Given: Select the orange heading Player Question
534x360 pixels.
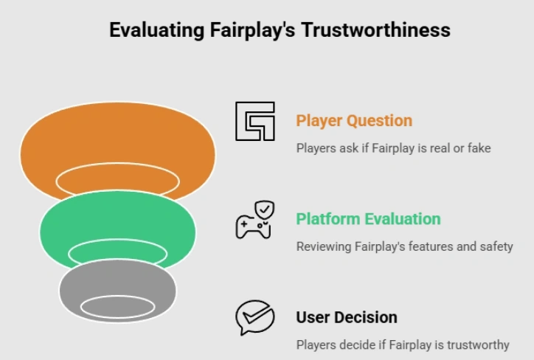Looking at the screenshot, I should (x=354, y=120).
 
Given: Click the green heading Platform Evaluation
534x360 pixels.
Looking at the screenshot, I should (x=368, y=219).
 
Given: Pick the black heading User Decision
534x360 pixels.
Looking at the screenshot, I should (x=347, y=317).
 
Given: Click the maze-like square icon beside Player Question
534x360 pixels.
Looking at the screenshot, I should (x=254, y=121).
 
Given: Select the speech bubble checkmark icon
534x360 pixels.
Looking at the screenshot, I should (x=254, y=318).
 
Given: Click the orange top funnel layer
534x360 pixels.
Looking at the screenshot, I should (x=118, y=140).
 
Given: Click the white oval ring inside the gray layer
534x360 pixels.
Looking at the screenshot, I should (x=117, y=306).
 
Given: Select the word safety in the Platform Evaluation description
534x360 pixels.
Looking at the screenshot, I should (x=494, y=246).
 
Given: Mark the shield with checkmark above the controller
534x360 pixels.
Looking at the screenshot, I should (x=263, y=209).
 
